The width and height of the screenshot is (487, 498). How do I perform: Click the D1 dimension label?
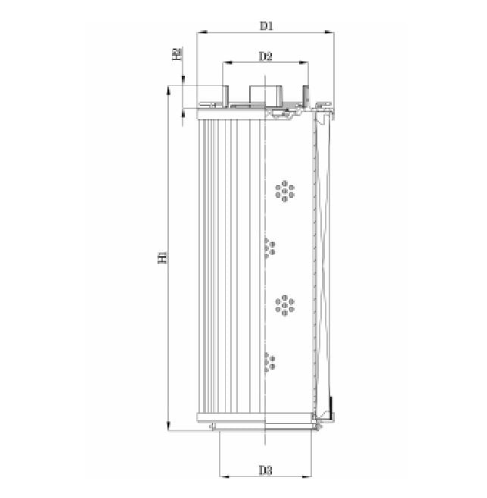266,26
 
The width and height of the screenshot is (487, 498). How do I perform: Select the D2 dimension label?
266,56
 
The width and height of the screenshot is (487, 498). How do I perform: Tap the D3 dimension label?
265,470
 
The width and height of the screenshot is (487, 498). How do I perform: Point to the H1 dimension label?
161,258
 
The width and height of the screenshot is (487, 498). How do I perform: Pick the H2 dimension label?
176,54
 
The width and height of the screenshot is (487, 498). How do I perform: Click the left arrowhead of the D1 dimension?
199,33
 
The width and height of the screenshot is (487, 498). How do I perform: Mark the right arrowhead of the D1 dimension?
330,33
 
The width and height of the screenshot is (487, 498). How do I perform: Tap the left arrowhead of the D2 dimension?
225,64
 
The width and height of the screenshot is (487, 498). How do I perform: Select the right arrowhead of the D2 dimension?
305,64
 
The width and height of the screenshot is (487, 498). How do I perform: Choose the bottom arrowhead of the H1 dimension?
168,428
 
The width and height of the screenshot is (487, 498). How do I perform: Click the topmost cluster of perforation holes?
286,191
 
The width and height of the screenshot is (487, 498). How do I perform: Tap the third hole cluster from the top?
286,305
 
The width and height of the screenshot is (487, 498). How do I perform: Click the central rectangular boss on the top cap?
265,94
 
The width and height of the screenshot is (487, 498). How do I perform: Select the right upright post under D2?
307,94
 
